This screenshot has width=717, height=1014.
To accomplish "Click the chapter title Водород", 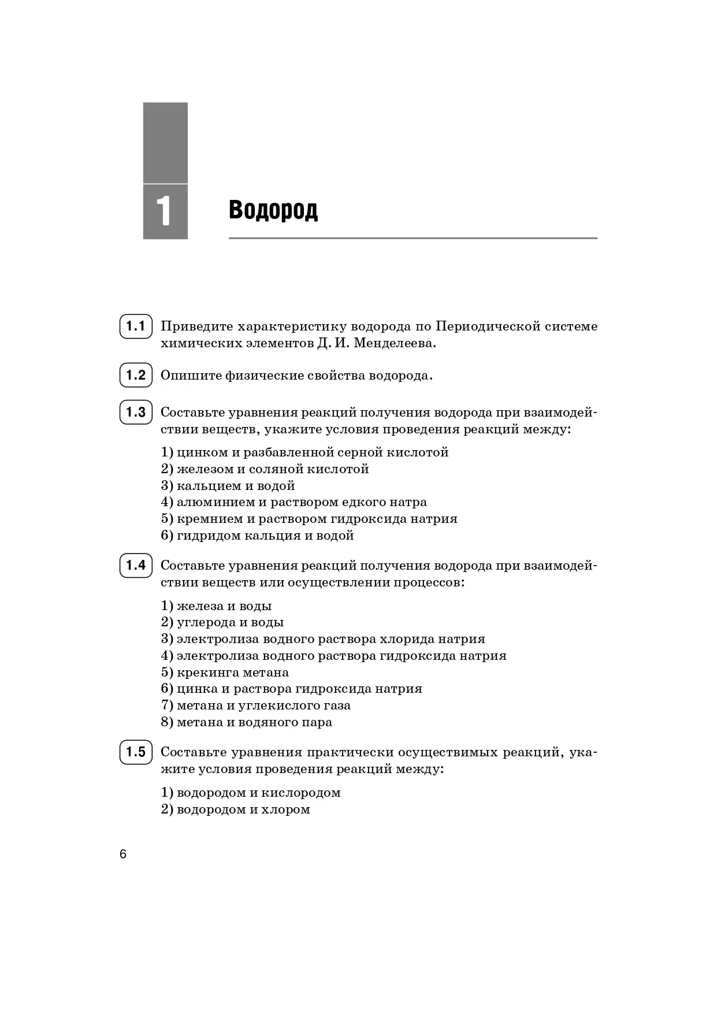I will (273, 210).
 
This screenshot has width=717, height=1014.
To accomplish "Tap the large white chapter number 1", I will (165, 211).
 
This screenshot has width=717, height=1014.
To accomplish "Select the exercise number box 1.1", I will (136, 326).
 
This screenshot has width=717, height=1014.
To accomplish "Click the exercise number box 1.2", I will (136, 376).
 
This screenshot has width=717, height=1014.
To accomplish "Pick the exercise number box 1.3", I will (136, 413).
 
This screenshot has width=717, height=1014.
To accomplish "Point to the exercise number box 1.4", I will (136, 565).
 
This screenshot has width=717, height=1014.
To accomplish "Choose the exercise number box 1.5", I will (136, 752).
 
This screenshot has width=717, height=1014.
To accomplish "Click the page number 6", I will (123, 855).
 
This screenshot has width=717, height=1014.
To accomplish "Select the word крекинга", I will (208, 673).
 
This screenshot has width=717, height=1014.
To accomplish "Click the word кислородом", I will (301, 793).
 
